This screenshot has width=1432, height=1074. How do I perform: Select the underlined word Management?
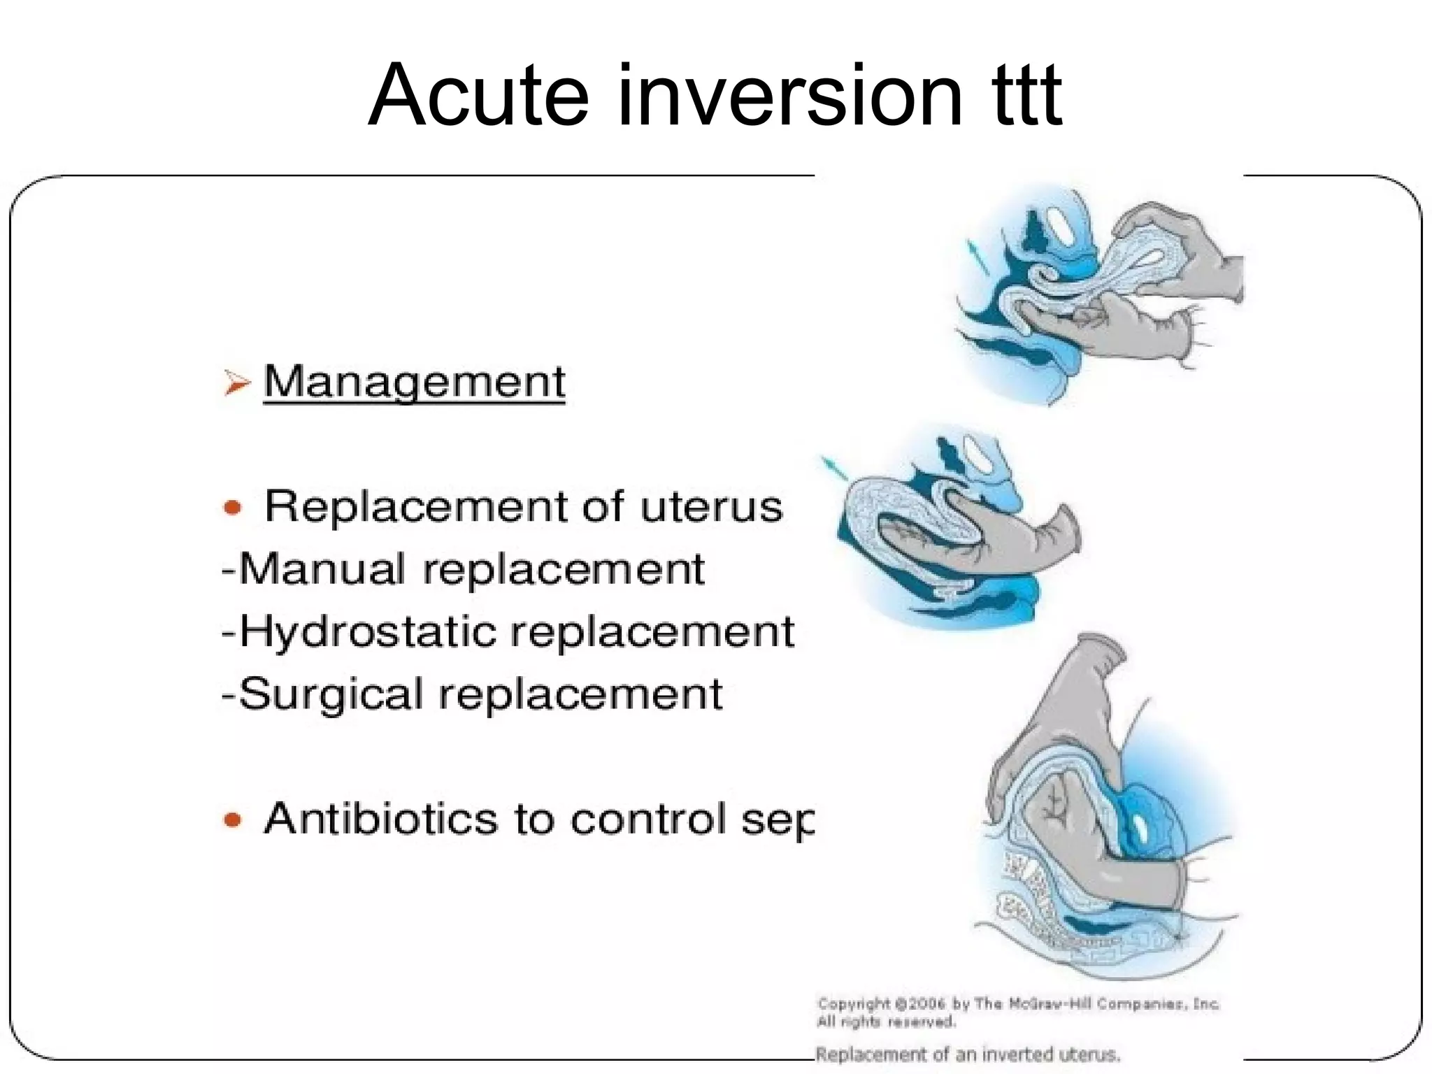[414, 382]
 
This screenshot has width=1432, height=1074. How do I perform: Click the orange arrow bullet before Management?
[237, 383]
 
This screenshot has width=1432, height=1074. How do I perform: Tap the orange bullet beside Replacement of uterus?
[233, 507]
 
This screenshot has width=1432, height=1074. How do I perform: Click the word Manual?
[322, 568]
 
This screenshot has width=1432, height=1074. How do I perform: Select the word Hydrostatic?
[368, 631]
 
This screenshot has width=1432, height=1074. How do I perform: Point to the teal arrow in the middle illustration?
[833, 469]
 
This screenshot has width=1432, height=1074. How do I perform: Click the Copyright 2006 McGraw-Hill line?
[1018, 1004]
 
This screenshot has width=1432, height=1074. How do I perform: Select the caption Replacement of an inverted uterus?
[968, 1054]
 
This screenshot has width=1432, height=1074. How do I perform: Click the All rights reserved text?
[886, 1022]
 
